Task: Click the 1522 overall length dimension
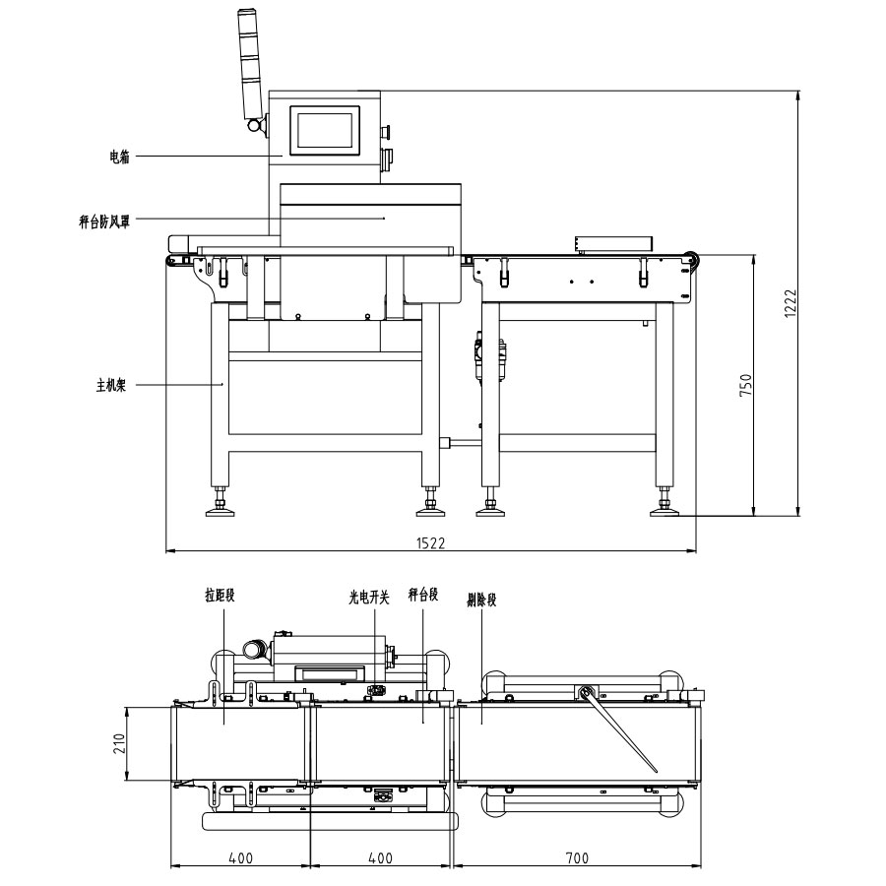pyautogui.click(x=430, y=543)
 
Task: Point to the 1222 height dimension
pyautogui.click(x=791, y=303)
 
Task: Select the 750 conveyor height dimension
pyautogui.click(x=746, y=384)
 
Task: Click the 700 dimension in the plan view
pyautogui.click(x=577, y=858)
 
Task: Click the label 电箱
pyautogui.click(x=119, y=157)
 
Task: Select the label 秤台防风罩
pyautogui.click(x=104, y=221)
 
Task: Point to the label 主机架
pyautogui.click(x=111, y=385)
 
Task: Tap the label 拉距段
pyautogui.click(x=220, y=595)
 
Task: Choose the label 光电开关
pyautogui.click(x=369, y=598)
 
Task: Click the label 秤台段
pyautogui.click(x=423, y=595)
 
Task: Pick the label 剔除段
pyautogui.click(x=481, y=600)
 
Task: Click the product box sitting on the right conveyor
pyautogui.click(x=613, y=243)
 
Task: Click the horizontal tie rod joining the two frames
pyautogui.click(x=461, y=442)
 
